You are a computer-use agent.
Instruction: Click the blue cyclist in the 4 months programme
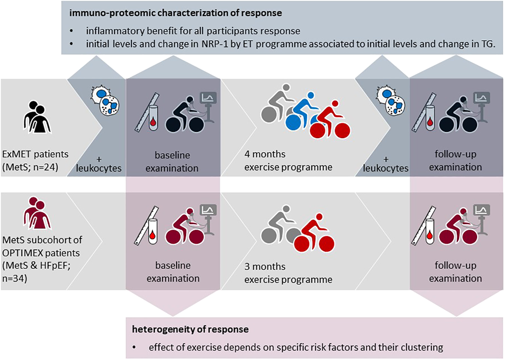[x=301, y=113]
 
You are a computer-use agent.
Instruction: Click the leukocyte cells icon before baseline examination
[x=105, y=101]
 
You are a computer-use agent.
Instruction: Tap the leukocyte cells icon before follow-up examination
[x=391, y=101]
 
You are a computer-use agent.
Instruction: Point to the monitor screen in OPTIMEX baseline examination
[x=208, y=211]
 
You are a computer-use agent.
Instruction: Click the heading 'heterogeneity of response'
[x=190, y=329]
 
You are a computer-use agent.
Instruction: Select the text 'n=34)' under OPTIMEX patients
[x=15, y=279]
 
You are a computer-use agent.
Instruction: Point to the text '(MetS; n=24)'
[x=30, y=167]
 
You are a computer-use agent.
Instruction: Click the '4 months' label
[x=265, y=154]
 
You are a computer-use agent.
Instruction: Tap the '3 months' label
[x=265, y=267]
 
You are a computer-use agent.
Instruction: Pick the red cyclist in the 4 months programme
[x=330, y=121]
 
